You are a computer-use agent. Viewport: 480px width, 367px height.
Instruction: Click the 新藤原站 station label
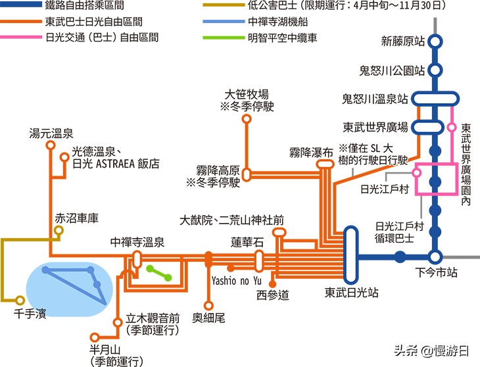[x=403, y=42]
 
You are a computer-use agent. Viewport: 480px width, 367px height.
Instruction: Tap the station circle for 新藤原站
[x=434, y=42]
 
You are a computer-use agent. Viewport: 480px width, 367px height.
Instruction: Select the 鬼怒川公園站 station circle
[x=434, y=70]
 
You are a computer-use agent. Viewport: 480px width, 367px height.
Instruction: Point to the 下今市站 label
[x=437, y=272]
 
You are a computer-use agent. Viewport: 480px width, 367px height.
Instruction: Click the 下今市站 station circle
[x=434, y=257]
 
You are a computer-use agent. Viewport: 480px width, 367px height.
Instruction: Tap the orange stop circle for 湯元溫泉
[x=51, y=147]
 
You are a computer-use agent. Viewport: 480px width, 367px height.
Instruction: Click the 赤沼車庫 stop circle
[x=59, y=232]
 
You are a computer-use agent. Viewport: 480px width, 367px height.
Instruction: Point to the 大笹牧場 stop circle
[x=247, y=119]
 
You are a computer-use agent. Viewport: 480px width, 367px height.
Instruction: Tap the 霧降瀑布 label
[x=311, y=152]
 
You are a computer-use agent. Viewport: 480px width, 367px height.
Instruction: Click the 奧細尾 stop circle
[x=208, y=305]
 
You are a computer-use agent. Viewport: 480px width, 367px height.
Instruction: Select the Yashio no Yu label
[x=233, y=280]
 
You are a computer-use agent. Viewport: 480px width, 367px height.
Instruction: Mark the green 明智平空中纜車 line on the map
[x=159, y=272]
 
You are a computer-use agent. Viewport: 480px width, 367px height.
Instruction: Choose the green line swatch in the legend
[x=223, y=37]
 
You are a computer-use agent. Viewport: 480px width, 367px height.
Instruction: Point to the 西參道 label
[x=273, y=294]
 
